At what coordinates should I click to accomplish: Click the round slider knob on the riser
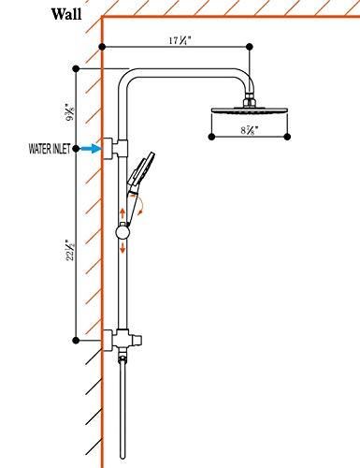point(123,232)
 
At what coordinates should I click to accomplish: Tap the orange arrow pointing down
point(122,251)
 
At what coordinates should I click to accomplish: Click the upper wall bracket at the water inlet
point(117,147)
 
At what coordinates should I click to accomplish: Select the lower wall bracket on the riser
point(117,339)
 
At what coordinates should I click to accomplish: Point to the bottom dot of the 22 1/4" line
point(75,339)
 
